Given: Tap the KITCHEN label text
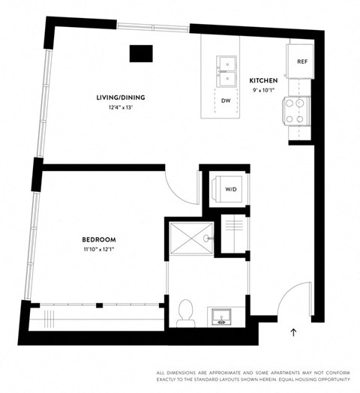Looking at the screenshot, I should click(264, 80).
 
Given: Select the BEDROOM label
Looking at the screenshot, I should click(98, 241).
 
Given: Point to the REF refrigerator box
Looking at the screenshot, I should click(302, 61).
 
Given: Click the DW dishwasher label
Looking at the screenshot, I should click(225, 100).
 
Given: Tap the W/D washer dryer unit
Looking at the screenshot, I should click(231, 190).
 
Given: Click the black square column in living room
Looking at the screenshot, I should click(140, 54).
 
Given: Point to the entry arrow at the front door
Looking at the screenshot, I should click(293, 330).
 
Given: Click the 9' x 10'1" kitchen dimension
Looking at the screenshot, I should click(264, 89).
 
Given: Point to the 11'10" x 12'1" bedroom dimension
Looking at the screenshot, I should click(98, 250).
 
